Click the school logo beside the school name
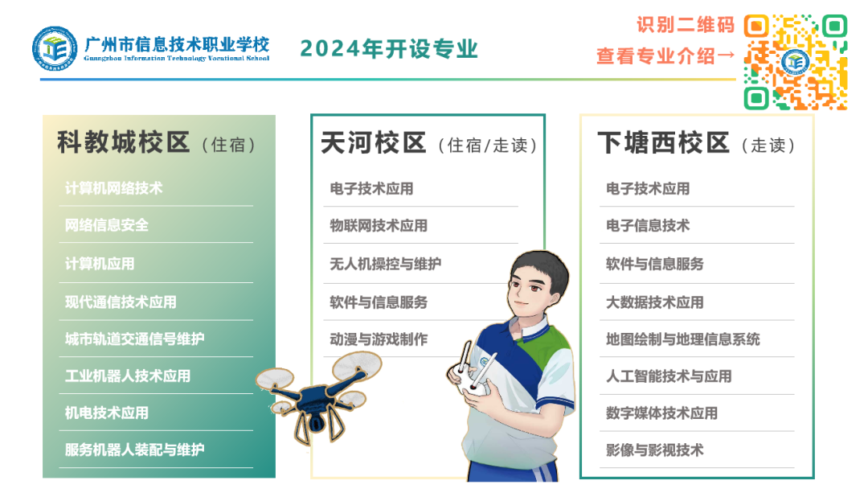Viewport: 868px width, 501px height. pyautogui.click(x=55, y=48)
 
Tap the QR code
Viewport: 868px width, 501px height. pyautogui.click(x=796, y=62)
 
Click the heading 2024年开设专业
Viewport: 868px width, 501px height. pyautogui.click(x=389, y=49)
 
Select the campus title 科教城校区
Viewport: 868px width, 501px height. pyautogui.click(x=124, y=143)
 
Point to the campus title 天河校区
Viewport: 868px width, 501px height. pyautogui.click(x=374, y=143)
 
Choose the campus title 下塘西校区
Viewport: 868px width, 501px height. pyautogui.click(x=663, y=143)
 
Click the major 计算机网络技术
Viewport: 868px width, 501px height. pyautogui.click(x=113, y=188)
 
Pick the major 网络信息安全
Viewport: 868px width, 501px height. pyautogui.click(x=107, y=225)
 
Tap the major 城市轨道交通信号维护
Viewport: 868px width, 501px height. pyautogui.click(x=134, y=339)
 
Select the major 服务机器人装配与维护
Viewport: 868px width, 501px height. pyautogui.click(x=134, y=450)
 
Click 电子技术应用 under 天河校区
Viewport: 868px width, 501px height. pyautogui.click(x=371, y=189)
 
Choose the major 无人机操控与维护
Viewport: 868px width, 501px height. pyautogui.click(x=385, y=264)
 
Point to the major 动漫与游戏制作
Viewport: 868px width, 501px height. pyautogui.click(x=379, y=339)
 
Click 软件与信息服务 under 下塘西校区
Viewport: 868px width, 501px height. pyautogui.click(x=655, y=264)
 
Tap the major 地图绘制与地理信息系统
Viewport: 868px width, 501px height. pyautogui.click(x=682, y=339)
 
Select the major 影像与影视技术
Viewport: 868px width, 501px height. pyautogui.click(x=655, y=450)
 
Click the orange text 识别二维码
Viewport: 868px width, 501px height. pyautogui.click(x=686, y=25)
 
